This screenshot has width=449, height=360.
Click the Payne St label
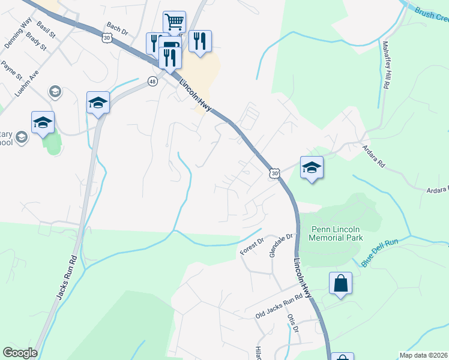click(11, 70)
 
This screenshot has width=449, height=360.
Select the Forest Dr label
click(252, 247)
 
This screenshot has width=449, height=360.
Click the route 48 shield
click(153, 82)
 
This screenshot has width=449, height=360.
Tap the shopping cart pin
click(174, 23)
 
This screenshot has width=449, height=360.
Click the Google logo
click(20, 353)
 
